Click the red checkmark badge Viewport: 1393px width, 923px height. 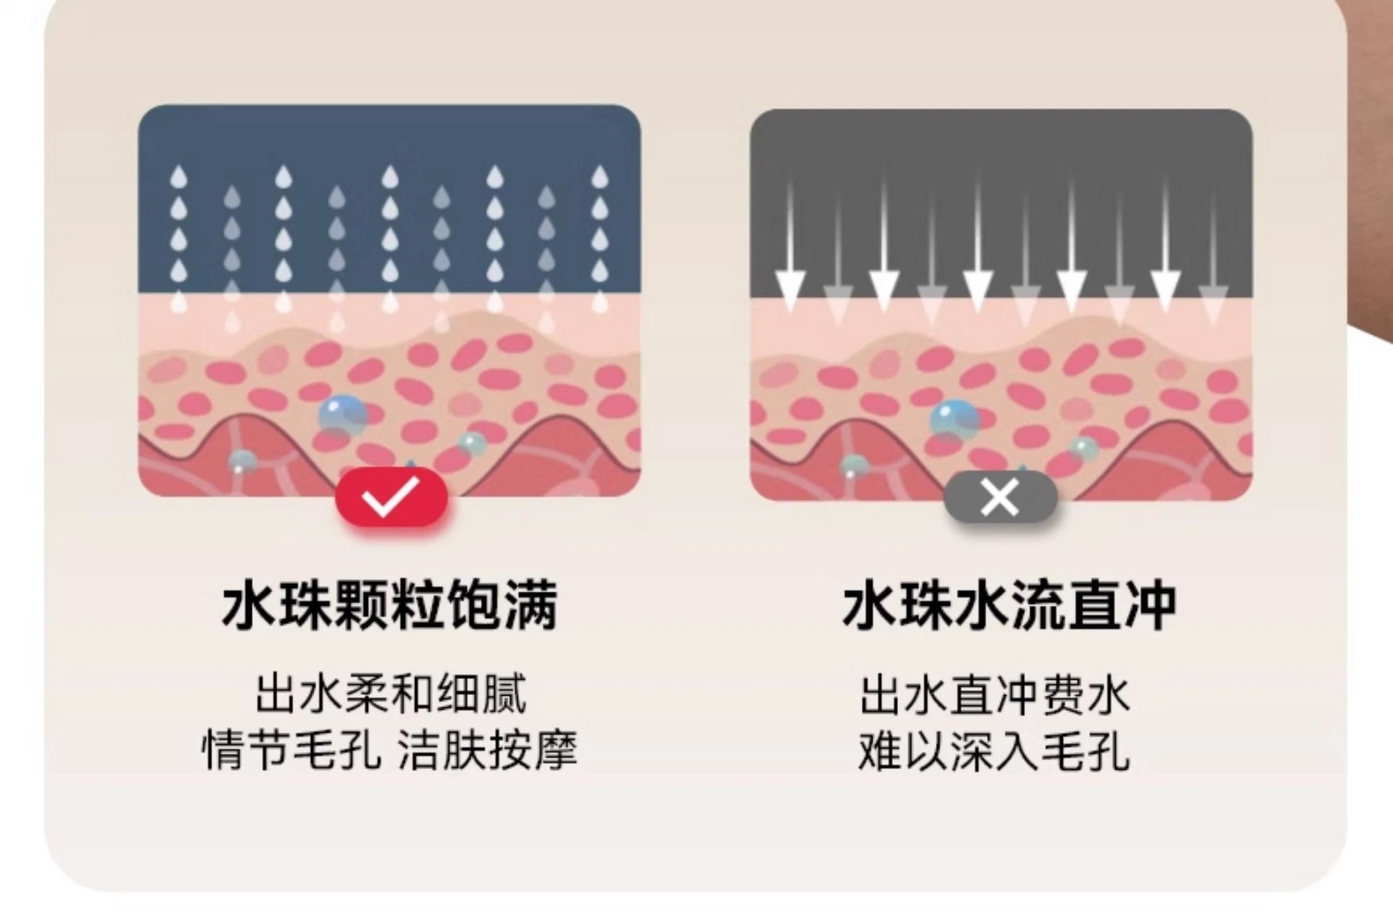[x=391, y=497]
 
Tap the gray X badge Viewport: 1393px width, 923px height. [x=1000, y=499]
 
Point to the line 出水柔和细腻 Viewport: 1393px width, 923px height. [x=390, y=694]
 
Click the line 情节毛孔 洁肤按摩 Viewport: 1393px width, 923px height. [x=390, y=750]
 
